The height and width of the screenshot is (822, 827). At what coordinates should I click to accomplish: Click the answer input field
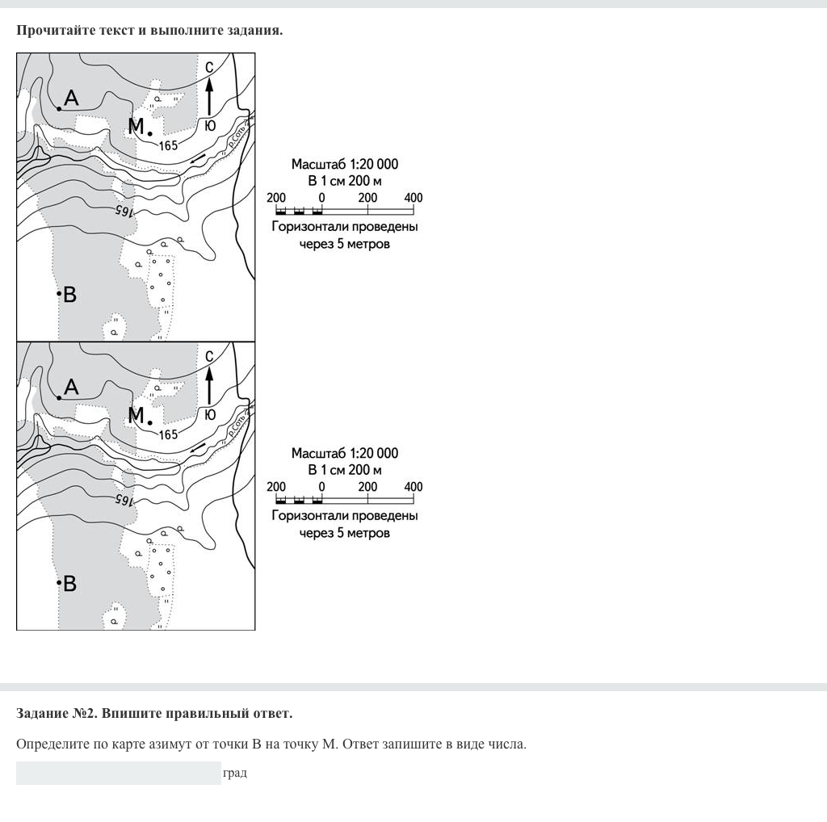118,773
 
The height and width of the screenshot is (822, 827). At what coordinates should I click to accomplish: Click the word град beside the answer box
235,773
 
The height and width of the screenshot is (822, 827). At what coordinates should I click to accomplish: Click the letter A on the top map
71,99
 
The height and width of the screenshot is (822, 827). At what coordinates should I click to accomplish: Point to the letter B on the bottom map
70,584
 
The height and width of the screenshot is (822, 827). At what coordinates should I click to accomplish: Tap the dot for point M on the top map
150,134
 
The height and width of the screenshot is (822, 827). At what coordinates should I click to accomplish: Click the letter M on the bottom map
136,416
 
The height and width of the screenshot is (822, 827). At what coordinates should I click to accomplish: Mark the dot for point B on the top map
59,293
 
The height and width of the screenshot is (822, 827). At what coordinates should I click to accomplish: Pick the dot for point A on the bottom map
59,397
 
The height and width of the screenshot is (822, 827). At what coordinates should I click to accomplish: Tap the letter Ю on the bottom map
210,415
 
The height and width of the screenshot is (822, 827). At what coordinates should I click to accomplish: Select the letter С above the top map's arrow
209,67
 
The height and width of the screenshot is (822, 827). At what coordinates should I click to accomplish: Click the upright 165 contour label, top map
168,146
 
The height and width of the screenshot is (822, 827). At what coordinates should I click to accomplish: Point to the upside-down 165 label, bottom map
123,500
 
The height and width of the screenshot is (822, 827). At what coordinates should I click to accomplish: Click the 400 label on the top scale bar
413,198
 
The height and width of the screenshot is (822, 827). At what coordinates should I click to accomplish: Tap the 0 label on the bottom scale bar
321,487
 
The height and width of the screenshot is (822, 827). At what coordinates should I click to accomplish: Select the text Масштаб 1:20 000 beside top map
345,165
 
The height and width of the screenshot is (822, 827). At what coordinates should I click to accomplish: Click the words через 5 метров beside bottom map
345,533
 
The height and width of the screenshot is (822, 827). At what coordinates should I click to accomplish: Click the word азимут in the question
172,744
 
